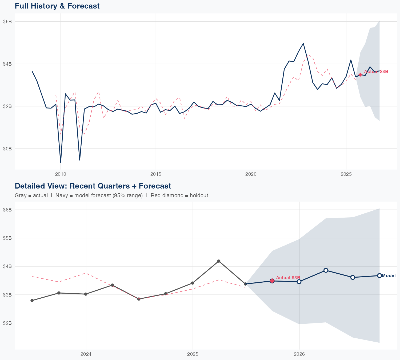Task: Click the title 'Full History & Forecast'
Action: click(x=57, y=6)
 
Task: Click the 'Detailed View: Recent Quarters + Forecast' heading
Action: click(x=93, y=186)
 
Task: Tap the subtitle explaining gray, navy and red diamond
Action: click(x=111, y=195)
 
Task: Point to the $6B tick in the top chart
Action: click(x=7, y=22)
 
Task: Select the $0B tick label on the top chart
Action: click(x=7, y=149)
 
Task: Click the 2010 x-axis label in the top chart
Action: click(x=61, y=174)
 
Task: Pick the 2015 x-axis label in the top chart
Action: click(x=156, y=174)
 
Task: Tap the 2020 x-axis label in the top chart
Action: click(x=251, y=174)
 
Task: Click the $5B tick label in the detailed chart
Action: click(x=7, y=238)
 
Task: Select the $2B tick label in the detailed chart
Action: click(x=7, y=323)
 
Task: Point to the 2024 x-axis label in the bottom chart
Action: click(x=86, y=354)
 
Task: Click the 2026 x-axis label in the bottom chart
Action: click(x=299, y=354)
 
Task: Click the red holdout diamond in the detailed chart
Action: click(x=272, y=281)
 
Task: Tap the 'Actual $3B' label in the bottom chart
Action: click(x=288, y=278)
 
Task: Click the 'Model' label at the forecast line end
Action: click(x=389, y=276)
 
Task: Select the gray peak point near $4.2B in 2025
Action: click(x=219, y=261)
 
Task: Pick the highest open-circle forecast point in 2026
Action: click(x=326, y=270)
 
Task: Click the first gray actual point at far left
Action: click(x=32, y=301)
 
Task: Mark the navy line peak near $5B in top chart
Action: click(x=303, y=43)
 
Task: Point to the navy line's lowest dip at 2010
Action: click(x=61, y=162)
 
